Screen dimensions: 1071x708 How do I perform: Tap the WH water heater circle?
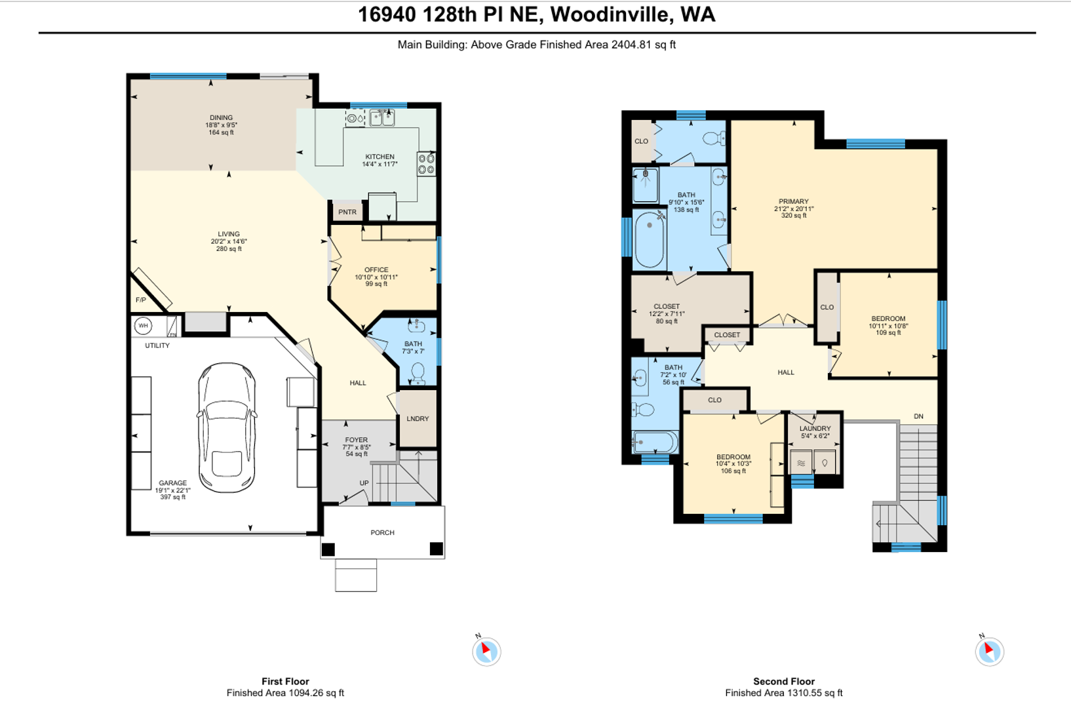coord(143,326)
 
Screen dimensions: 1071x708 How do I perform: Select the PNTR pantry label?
coord(347,212)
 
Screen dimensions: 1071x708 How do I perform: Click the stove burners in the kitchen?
coord(427,164)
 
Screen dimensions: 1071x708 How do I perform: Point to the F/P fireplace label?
coord(140,300)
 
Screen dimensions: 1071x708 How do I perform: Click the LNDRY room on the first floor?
coord(418,419)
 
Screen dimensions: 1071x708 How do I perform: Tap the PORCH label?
coord(383,532)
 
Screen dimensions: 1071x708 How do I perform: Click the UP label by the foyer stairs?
coord(364,483)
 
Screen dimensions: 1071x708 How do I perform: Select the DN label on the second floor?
coord(918,416)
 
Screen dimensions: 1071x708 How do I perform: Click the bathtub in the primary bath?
coord(650,240)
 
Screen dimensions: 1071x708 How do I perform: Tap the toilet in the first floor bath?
coord(418,374)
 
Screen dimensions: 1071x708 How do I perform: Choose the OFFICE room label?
coord(376,269)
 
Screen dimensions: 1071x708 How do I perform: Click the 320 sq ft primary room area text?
coord(794,216)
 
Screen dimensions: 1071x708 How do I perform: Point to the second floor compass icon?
coord(989,651)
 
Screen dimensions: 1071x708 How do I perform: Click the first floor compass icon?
coord(486,651)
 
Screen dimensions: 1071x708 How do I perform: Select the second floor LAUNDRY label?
coord(815,428)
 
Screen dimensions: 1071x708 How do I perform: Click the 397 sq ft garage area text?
coord(172,497)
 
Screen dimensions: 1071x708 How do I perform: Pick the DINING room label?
coord(221,117)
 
